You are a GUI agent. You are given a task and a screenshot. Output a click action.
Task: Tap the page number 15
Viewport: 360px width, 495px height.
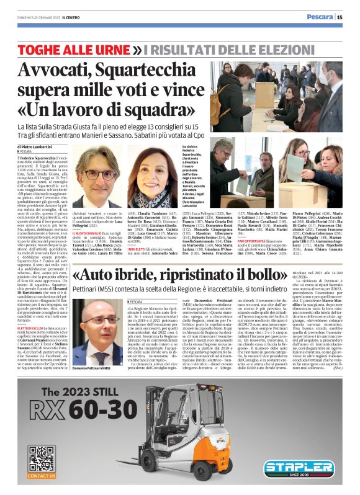click(x=340, y=17)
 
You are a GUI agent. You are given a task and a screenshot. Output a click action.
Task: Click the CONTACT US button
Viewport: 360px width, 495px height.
click(x=42, y=478)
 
